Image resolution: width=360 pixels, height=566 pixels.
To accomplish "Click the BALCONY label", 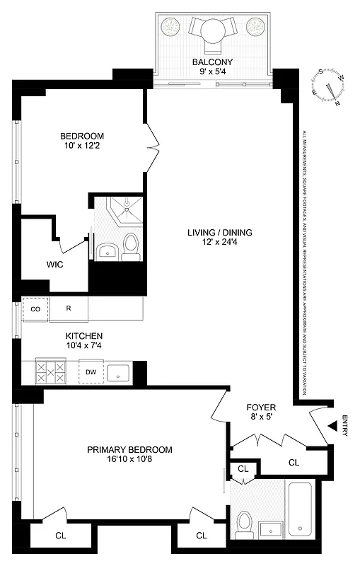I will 211,62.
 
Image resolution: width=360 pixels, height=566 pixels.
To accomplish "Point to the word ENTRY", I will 344,426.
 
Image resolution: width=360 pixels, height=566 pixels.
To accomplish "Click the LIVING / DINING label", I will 219,233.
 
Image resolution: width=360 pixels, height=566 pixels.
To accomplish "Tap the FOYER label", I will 260,408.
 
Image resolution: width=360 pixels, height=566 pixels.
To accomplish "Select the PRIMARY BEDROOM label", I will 129,449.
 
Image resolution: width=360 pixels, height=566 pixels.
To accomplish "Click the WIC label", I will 35,265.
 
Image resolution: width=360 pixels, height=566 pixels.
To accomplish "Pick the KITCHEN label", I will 85,335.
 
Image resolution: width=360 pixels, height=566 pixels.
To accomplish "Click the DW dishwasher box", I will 91,372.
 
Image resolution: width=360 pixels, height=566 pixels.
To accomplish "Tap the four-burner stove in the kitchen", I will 50,372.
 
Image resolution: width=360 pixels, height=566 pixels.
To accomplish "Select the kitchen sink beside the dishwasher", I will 118,372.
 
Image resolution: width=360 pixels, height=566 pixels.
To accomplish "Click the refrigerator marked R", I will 69,309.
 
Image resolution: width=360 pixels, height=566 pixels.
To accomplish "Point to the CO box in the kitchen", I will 35,309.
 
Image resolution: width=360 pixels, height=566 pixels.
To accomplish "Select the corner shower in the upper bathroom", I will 124,209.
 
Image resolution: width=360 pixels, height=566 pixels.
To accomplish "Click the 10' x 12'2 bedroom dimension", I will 81,146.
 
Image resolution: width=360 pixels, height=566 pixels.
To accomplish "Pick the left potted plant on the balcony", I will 170,27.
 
